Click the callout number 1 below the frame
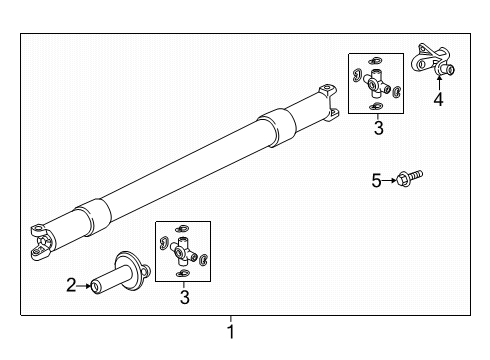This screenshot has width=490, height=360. click(x=231, y=332)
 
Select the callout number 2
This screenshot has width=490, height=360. click(x=71, y=285)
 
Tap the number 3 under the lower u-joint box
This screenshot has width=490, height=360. click(x=185, y=297)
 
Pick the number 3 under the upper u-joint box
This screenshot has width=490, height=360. click(x=379, y=128)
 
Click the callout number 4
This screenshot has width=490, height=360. click(x=438, y=99)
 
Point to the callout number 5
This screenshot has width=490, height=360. click(x=376, y=180)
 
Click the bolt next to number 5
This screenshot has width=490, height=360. click(x=409, y=178)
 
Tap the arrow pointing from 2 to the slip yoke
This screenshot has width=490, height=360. click(x=84, y=286)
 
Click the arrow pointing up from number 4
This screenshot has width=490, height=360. click(x=439, y=83)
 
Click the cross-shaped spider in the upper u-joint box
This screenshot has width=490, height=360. click(x=377, y=83)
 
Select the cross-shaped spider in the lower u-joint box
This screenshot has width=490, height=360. click(x=184, y=251)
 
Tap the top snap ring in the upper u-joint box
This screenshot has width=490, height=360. click(x=375, y=61)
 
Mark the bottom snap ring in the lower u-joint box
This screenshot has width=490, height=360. click(x=182, y=274)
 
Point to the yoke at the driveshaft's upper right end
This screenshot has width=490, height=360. click(x=328, y=102)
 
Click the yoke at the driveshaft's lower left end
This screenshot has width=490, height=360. click(x=42, y=242)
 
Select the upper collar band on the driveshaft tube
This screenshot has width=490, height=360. click(x=277, y=128)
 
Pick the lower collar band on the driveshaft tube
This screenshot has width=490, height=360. click(x=93, y=218)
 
